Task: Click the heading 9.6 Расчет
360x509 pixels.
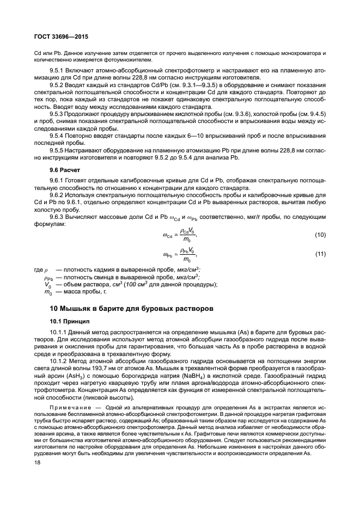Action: click(65, 170)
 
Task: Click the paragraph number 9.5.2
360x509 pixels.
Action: click(57, 85)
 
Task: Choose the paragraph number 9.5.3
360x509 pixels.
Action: click(57, 114)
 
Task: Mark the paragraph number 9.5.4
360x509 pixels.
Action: click(57, 135)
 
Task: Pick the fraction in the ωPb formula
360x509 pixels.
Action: click(187, 254)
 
